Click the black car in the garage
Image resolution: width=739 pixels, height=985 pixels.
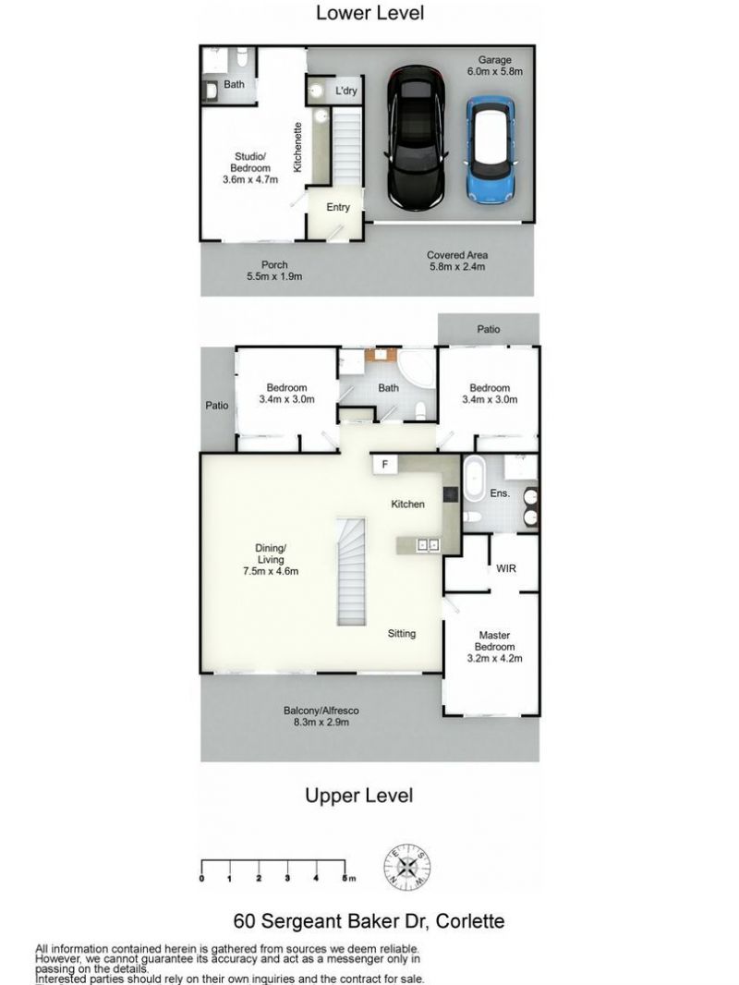417,139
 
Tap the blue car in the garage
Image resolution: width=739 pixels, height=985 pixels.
491,150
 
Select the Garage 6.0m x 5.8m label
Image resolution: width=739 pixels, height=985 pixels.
495,66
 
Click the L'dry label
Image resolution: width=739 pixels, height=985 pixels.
346,91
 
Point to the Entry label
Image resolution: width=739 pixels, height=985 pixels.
338,207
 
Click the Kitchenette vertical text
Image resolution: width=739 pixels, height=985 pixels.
298,147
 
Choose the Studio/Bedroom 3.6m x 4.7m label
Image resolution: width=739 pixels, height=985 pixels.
250,168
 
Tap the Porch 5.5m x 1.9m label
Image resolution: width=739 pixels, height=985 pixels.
274,271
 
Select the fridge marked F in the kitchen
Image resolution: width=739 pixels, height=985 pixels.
385,465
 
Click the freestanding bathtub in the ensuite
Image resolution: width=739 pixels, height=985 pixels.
473,480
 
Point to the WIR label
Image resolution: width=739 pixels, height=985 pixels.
506,568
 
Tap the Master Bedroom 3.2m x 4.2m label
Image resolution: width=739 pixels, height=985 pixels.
495,647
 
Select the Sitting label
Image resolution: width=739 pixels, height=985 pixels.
401,633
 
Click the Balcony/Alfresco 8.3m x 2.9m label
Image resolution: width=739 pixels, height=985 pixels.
321,716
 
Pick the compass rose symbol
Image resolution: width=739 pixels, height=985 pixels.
407,868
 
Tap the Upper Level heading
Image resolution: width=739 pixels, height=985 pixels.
359,796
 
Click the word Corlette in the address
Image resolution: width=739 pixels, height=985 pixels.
470,921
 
